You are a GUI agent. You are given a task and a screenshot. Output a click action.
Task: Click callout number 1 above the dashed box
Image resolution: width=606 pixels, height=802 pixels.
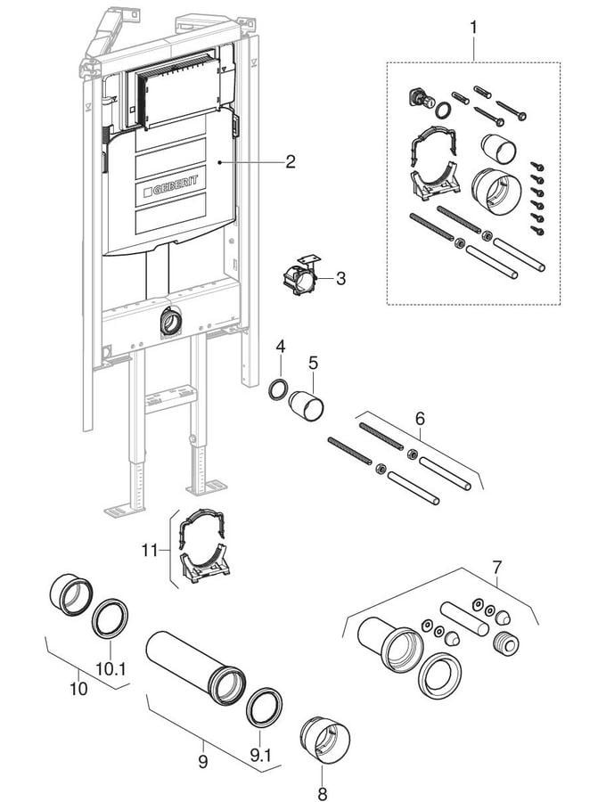[x=473, y=28]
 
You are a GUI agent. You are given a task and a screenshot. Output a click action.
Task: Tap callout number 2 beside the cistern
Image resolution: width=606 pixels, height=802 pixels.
[x=290, y=161]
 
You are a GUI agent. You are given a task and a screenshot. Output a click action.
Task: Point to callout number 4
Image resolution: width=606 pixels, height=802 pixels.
[x=280, y=345]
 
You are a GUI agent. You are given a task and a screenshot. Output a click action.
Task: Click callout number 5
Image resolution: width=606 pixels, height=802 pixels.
[x=313, y=364]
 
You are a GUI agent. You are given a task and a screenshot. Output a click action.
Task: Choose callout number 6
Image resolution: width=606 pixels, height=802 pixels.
[x=420, y=418]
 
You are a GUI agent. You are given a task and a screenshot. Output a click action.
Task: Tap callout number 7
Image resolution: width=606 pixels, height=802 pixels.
[x=497, y=566]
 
